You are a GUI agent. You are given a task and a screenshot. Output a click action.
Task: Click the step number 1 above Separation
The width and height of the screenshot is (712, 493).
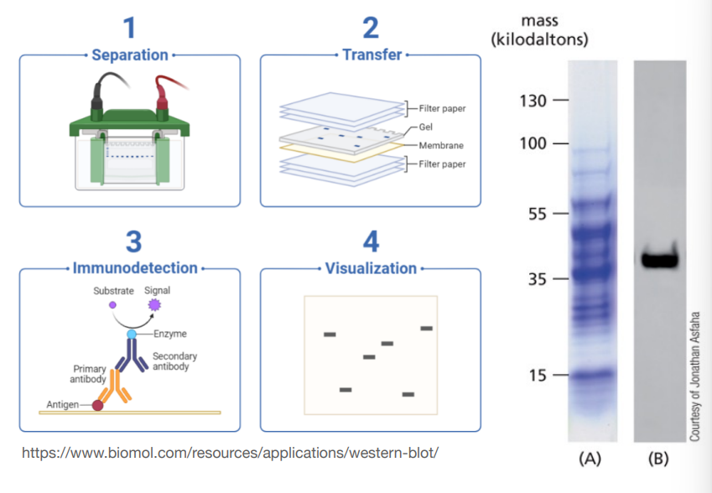(x=128, y=29)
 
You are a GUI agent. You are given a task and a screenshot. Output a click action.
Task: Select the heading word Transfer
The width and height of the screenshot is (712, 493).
(x=372, y=55)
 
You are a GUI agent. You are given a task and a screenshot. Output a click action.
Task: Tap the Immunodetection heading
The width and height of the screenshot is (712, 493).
(x=135, y=268)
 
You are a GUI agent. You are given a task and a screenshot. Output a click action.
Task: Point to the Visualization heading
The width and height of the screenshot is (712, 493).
(x=371, y=268)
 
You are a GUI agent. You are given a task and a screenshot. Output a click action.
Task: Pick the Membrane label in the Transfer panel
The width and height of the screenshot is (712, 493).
(x=441, y=145)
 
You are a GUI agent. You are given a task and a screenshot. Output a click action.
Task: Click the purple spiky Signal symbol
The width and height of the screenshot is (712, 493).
(x=154, y=304)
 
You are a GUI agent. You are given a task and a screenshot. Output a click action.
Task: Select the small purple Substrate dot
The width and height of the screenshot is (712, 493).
(x=112, y=305)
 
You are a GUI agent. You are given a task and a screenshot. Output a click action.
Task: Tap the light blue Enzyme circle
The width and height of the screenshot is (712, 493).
(x=131, y=334)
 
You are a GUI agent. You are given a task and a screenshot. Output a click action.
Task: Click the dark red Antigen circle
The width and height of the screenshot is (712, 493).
(x=98, y=406)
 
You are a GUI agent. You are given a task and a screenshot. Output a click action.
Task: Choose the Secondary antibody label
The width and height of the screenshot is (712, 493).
(x=175, y=361)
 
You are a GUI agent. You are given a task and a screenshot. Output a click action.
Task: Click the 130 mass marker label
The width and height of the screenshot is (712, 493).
(x=533, y=101)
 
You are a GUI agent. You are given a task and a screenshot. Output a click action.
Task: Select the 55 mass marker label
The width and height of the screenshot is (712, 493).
(x=538, y=213)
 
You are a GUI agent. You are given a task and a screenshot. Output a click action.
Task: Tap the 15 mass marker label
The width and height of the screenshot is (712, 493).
(x=538, y=374)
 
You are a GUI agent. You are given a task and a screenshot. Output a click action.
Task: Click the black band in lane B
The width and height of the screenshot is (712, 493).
(x=660, y=259)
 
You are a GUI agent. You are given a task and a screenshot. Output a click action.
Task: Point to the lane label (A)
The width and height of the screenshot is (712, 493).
(x=590, y=459)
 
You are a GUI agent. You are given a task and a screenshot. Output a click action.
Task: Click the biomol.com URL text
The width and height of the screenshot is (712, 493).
(x=229, y=453)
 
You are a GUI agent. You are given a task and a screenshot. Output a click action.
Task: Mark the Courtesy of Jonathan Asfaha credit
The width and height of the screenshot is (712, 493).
(x=695, y=377)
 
